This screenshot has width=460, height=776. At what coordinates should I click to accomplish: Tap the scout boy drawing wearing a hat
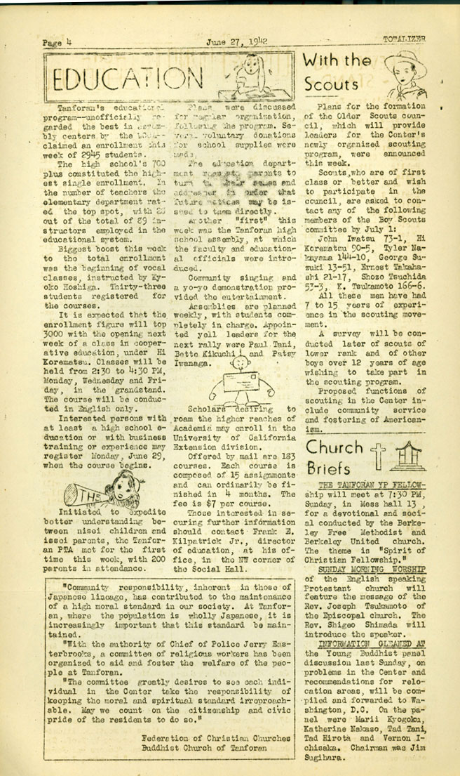410,74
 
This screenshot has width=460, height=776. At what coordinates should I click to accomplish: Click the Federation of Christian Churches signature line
215,737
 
